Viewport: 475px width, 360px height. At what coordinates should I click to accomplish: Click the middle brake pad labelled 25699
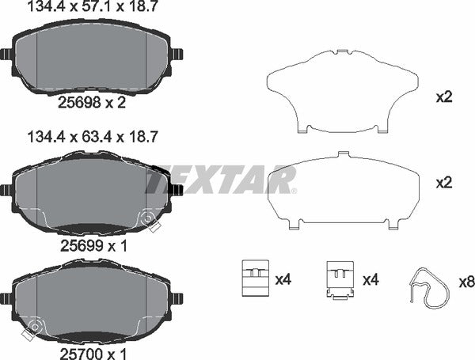[x=92, y=194]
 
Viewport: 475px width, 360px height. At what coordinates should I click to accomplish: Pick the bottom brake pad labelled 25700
[x=92, y=301]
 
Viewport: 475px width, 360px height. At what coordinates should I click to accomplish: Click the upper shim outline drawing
[x=342, y=89]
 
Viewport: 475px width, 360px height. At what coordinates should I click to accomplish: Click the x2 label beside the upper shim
[x=444, y=98]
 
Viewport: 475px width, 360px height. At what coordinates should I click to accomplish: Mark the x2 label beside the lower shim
[x=444, y=182]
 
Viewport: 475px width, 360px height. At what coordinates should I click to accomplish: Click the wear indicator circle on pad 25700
[x=32, y=324]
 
